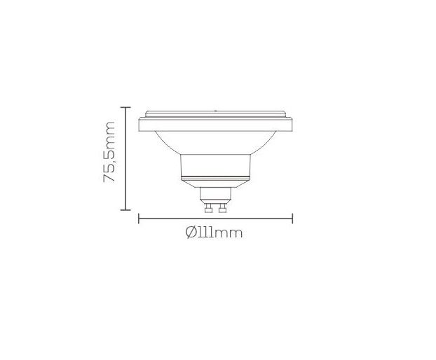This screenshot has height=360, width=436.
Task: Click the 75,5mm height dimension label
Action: coord(109,153)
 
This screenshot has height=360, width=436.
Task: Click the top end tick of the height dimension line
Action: coord(126,107)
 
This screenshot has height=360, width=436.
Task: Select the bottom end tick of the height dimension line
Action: coord(126,209)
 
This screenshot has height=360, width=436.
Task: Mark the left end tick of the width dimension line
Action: coord(139,219)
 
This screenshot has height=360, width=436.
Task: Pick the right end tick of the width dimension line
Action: coord(292,219)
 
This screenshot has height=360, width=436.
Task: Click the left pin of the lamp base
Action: coord(208,207)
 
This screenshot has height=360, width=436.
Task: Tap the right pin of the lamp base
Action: coord(222,207)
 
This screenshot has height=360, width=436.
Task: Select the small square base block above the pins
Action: coord(215,195)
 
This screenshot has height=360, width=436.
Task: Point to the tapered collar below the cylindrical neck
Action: coord(215,183)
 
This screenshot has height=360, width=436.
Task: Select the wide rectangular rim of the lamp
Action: coord(215,125)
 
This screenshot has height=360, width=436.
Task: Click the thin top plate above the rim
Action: coord(215,113)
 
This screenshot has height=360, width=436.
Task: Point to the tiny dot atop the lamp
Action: coord(215,109)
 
